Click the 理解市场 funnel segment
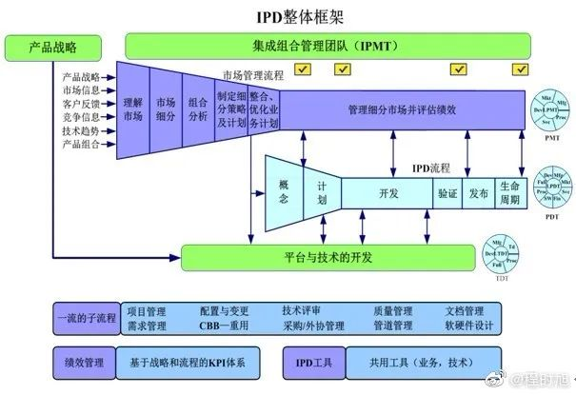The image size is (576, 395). click(x=133, y=109)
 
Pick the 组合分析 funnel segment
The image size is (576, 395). click(x=198, y=109)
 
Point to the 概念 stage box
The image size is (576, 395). click(x=283, y=194)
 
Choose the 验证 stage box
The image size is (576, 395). click(x=447, y=193)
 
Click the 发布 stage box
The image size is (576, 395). click(x=478, y=193)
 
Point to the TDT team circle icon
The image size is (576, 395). click(x=503, y=253)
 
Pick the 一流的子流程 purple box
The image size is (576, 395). click(x=84, y=318)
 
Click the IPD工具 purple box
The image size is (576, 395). click(x=311, y=363)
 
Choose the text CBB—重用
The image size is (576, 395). click(x=223, y=326)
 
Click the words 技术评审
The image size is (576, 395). click(x=302, y=311)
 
